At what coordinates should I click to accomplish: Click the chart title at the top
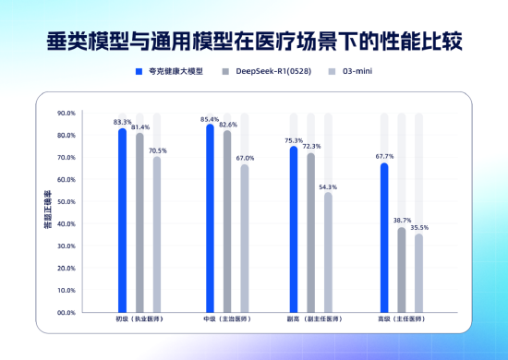tap(254, 41)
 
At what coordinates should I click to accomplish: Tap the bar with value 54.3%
tap(328, 252)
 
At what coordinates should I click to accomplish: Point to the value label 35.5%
tap(418, 227)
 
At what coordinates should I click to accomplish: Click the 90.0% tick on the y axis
tap(66, 114)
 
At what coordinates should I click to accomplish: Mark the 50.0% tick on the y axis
tap(66, 202)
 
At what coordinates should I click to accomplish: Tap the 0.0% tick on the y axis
tap(67, 312)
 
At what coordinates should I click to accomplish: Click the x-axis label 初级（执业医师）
tap(139, 319)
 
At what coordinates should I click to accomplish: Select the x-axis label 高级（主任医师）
tap(402, 319)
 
